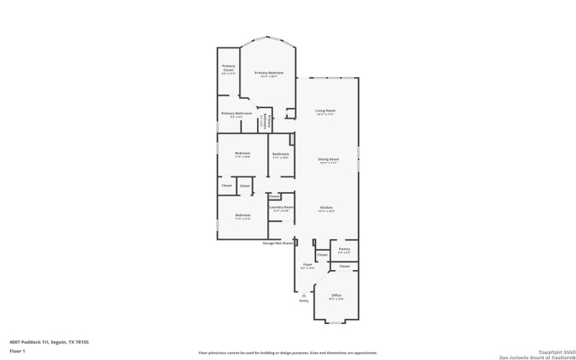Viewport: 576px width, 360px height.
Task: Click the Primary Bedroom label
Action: [269, 73]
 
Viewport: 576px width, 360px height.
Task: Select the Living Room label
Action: [325, 111]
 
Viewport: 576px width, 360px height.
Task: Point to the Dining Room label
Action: [328, 159]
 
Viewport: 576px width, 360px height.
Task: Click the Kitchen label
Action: [327, 207]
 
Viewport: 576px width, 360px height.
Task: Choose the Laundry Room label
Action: [281, 207]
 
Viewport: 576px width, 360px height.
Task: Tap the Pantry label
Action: [344, 249]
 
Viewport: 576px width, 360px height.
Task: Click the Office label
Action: [336, 295]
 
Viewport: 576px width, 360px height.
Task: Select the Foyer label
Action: [307, 266]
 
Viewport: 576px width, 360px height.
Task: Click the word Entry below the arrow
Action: [303, 300]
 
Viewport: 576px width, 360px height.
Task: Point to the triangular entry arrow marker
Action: [303, 294]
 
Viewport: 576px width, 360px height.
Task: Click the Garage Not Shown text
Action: [278, 243]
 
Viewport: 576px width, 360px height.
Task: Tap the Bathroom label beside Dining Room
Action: [280, 154]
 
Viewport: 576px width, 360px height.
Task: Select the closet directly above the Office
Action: [344, 266]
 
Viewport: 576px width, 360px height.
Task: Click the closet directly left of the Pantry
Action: [322, 255]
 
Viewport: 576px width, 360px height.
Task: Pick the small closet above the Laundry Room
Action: [274, 196]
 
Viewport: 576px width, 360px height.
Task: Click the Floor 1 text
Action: [17, 351]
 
